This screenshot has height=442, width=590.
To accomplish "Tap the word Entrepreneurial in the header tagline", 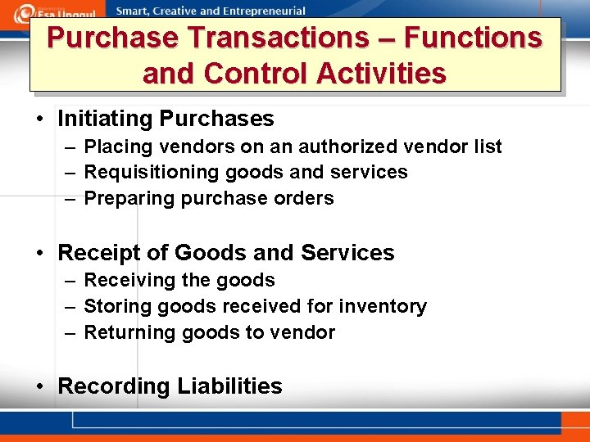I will click(x=263, y=11).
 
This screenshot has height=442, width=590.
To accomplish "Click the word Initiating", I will click(x=105, y=119).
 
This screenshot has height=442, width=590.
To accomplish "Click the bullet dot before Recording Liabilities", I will click(x=39, y=386).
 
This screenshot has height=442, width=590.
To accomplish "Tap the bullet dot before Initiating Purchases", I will click(x=39, y=120).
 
